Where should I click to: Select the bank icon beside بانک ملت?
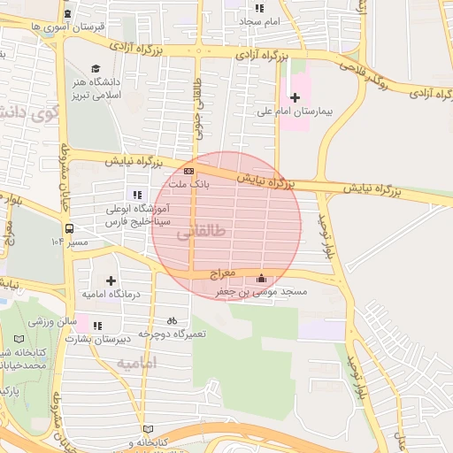pos(188,171)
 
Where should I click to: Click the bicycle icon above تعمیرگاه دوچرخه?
pos(172,321)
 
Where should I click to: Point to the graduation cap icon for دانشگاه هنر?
pos(96,68)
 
